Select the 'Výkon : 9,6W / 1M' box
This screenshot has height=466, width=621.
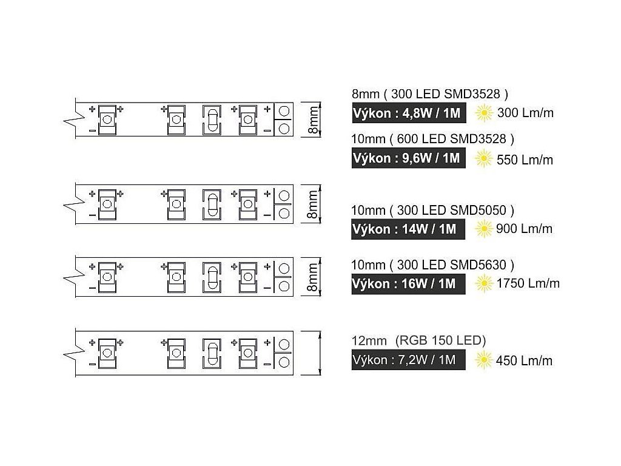[409, 158]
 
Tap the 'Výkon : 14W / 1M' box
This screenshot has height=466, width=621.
[404, 229]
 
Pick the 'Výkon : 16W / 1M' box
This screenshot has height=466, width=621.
[404, 283]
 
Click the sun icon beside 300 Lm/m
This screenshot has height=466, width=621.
[483, 112]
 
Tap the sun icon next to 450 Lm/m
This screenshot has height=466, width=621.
[483, 360]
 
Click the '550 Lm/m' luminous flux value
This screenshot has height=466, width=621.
[525, 160]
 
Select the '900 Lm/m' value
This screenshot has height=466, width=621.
[525, 229]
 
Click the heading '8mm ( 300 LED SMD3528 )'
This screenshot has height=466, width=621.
[429, 94]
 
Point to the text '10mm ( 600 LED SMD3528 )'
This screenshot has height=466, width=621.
[432, 139]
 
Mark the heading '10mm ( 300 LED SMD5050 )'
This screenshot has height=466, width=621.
[432, 211]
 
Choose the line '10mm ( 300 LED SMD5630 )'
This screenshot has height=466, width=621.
[432, 265]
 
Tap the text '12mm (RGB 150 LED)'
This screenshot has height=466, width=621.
[418, 340]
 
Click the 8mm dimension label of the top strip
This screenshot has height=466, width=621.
[313, 120]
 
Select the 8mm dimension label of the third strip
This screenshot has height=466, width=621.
[313, 278]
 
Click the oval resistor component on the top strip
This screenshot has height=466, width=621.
[211, 120]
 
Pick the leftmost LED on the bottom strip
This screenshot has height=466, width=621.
[107, 353]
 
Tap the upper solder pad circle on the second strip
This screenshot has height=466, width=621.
[283, 196]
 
